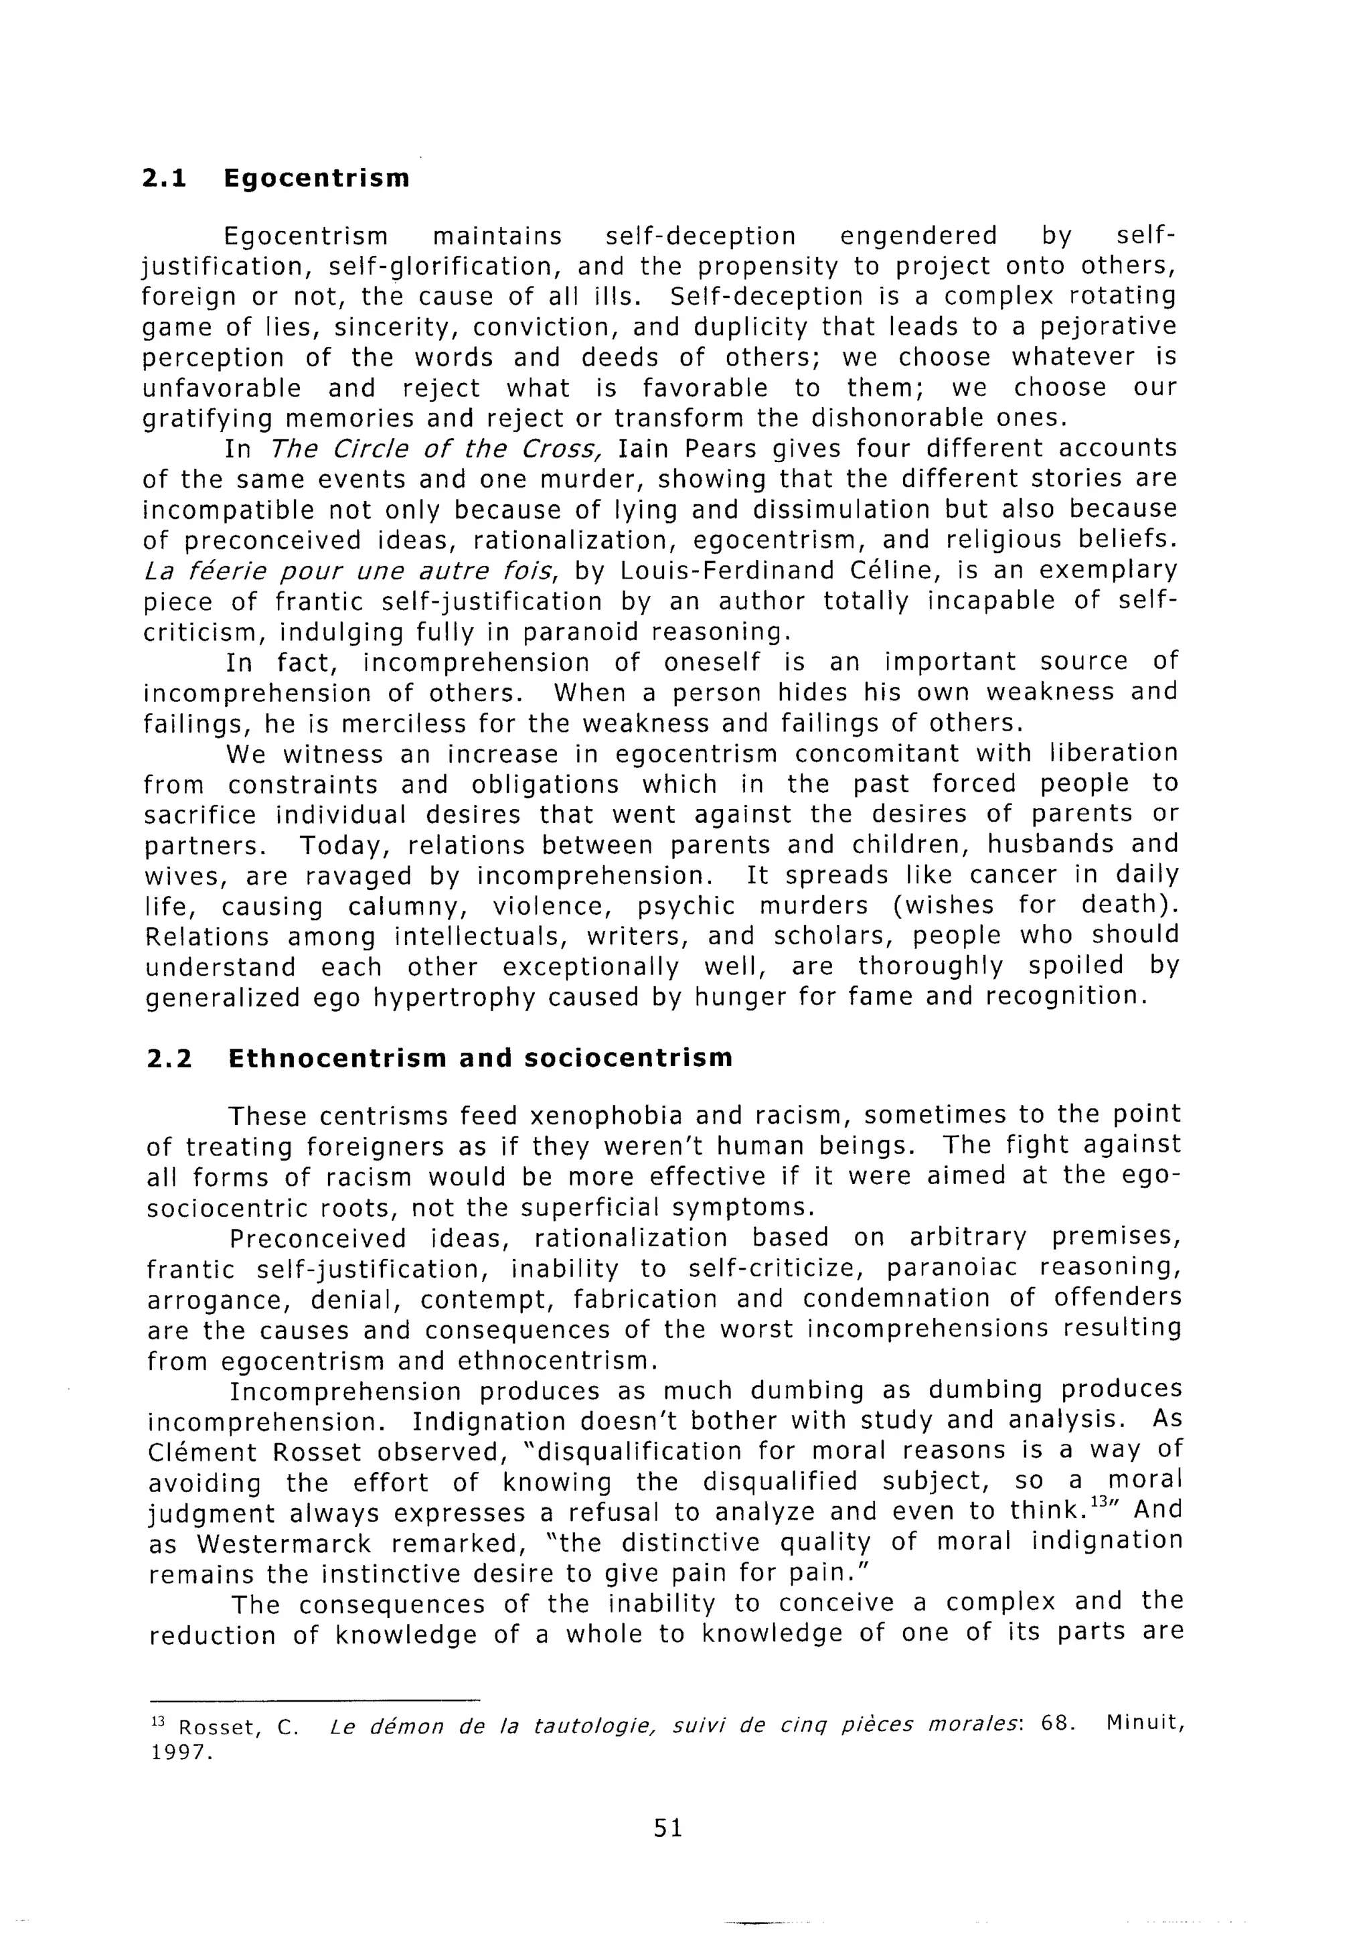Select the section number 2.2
[168, 1059]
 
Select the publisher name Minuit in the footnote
[1143, 1722]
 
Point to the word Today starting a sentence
[341, 845]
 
